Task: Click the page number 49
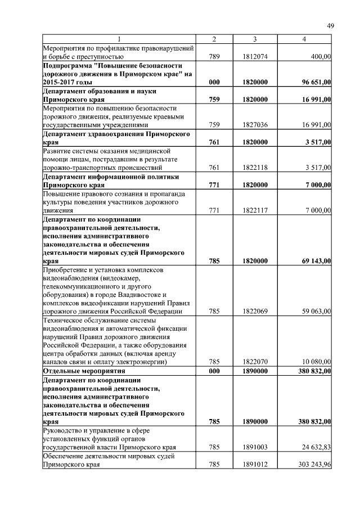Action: [x=330, y=25]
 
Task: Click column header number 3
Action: [x=255, y=38]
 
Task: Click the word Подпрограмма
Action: [x=69, y=66]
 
